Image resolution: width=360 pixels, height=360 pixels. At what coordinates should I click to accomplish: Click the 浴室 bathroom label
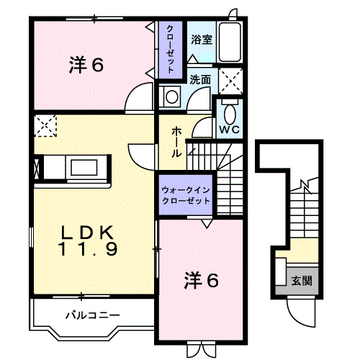tap(202, 40)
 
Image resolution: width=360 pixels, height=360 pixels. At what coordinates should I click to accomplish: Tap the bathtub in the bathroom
tap(230, 42)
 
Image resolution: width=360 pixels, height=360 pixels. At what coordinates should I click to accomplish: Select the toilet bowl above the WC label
tap(230, 113)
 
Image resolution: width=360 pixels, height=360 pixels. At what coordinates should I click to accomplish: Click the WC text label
tap(230, 130)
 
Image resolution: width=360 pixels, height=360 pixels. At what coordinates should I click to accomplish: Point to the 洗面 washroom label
tap(200, 79)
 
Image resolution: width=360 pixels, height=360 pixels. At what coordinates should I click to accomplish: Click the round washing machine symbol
tap(172, 96)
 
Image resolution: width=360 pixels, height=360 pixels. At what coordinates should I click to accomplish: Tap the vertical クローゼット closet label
tap(170, 49)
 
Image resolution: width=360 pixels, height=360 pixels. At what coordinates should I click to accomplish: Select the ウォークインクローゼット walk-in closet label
tap(186, 195)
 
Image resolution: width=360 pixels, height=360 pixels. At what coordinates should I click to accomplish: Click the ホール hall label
tap(176, 143)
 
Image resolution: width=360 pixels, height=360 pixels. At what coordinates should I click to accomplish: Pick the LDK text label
tap(87, 233)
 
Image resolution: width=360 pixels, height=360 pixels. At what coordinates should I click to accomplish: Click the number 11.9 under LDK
tap(88, 249)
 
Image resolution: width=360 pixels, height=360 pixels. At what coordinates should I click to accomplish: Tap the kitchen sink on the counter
tap(84, 167)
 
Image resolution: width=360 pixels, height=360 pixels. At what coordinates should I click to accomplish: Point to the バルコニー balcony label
tap(93, 315)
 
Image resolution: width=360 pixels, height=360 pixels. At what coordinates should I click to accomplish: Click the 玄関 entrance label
tap(302, 280)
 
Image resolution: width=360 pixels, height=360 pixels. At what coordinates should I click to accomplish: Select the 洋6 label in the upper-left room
tap(86, 65)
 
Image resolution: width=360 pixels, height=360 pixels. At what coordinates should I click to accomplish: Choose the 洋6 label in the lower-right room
tap(201, 281)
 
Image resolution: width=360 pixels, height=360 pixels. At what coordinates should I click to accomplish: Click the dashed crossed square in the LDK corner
tap(45, 126)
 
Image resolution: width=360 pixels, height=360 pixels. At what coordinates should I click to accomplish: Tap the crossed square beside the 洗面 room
tap(231, 81)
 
